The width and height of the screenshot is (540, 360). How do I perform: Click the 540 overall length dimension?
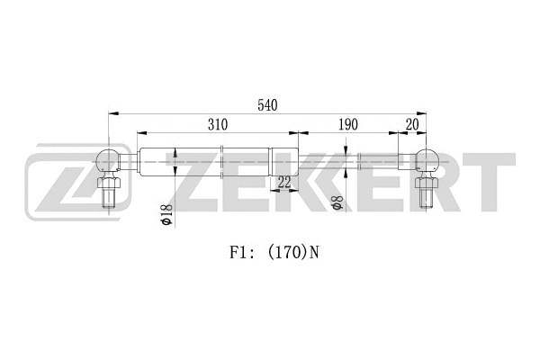266,105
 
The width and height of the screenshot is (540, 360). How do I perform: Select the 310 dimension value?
216,124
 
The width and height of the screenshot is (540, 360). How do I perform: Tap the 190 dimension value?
349,124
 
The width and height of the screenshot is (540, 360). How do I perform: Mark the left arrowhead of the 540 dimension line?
112,113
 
